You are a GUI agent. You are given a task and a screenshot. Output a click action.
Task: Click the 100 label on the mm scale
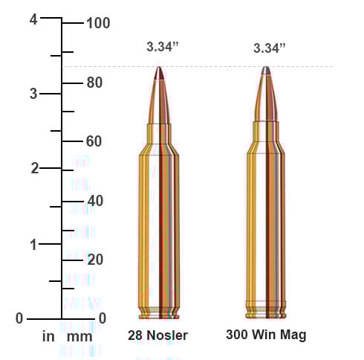(x=98, y=23)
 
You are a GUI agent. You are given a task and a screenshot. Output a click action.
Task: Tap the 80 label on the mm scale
(x=94, y=83)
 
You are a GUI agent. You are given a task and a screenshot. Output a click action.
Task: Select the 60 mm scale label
(x=94, y=141)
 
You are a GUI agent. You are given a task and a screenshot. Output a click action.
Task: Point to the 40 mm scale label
(x=95, y=201)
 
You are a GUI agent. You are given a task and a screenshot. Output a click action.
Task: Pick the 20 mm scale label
(x=95, y=260)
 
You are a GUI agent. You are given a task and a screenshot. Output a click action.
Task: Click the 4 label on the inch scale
(x=33, y=19)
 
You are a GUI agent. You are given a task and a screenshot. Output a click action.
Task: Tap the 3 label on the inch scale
(x=33, y=94)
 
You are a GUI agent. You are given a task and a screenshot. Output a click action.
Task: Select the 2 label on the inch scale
(x=35, y=168)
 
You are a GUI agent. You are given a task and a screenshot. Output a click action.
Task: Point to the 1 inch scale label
(x=33, y=245)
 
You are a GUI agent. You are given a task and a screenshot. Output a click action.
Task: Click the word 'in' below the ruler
(x=48, y=336)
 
